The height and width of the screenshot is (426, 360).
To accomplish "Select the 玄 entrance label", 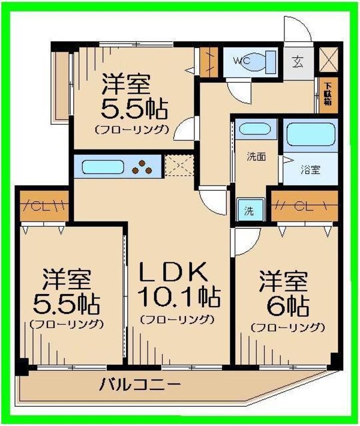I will point(298,61).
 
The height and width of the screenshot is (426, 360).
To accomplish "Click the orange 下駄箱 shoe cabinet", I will point(328,95).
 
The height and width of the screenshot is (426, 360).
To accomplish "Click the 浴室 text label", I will point(310,170).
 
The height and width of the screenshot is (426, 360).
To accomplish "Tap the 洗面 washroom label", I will point(257,158).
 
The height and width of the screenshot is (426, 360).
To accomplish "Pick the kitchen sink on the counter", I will point(103,166).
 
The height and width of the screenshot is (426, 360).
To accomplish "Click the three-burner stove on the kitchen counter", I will point(143,167).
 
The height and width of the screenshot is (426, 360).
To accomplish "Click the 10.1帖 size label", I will point(178,296).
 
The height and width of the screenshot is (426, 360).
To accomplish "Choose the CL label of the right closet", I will point(304,207).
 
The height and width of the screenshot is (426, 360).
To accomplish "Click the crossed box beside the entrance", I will point(329,60).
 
